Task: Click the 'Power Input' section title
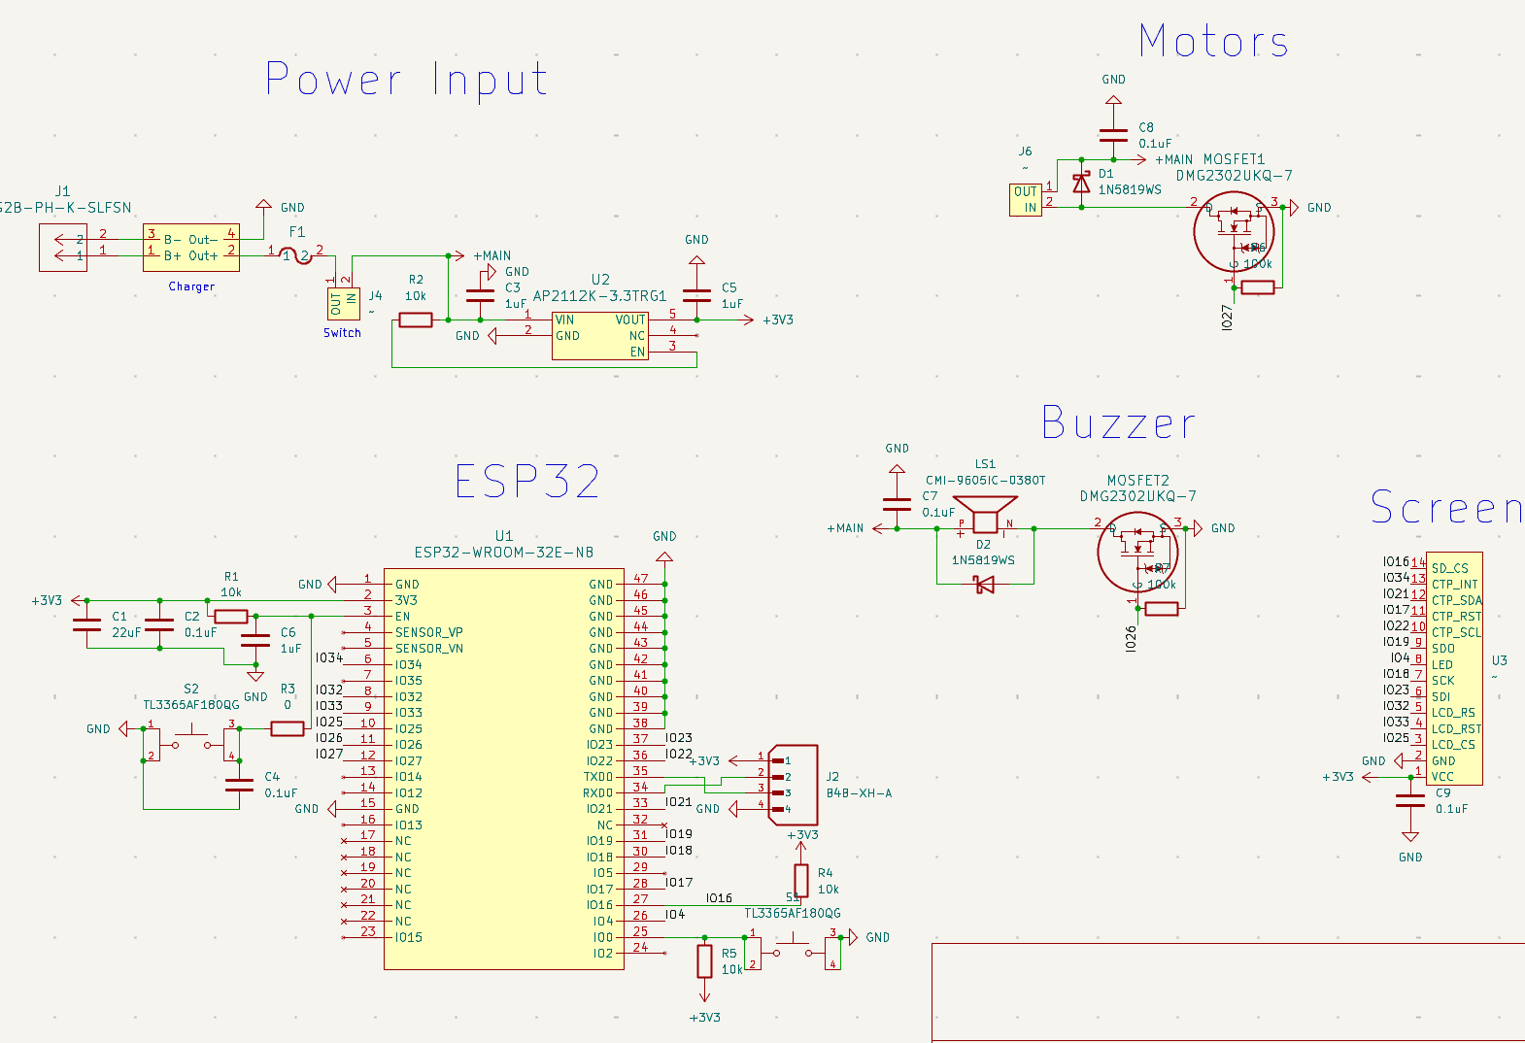406,80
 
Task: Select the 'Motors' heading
1213,42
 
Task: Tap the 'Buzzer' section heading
1118,423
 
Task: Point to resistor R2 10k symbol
416,320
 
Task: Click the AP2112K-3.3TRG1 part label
599,296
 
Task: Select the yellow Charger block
191,247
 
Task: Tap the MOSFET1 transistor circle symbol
1234,231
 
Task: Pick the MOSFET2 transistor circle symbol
1137,552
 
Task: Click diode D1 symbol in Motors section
1081,183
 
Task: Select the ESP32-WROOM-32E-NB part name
503,553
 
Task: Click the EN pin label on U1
402,617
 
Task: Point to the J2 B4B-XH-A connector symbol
793,785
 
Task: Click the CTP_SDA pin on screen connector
1456,600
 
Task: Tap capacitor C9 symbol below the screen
1410,800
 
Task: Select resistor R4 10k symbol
800,880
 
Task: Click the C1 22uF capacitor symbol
87,624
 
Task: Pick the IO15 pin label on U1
408,937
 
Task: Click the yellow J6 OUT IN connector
1025,199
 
